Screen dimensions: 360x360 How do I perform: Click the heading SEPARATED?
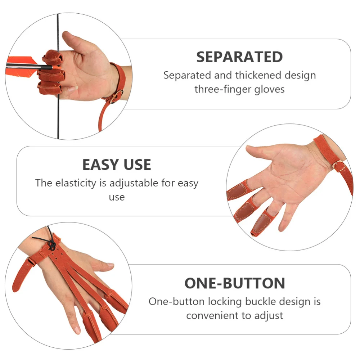coord(239,57)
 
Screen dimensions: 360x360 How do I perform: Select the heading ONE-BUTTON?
coord(235,283)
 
